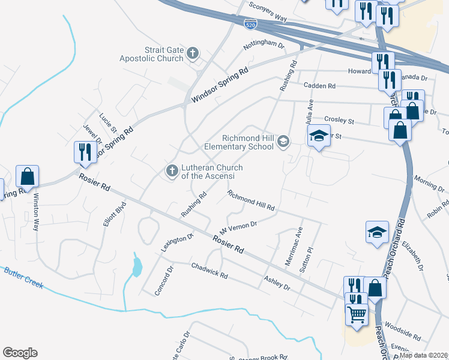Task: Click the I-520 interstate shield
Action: [x=251, y=24]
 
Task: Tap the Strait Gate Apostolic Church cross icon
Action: [x=193, y=53]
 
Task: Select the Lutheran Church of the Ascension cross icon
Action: [x=172, y=172]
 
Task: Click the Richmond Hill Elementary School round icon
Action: [x=283, y=142]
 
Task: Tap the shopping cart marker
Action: [x=357, y=313]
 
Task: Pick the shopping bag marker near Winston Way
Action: [x=28, y=176]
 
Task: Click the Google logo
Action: [x=20, y=353]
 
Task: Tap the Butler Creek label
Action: [x=23, y=278]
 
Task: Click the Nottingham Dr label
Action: [x=263, y=45]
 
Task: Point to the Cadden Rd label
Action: [x=318, y=85]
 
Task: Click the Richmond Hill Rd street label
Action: [x=251, y=200]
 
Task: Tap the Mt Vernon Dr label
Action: [x=238, y=227]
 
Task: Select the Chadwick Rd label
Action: [x=209, y=271]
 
